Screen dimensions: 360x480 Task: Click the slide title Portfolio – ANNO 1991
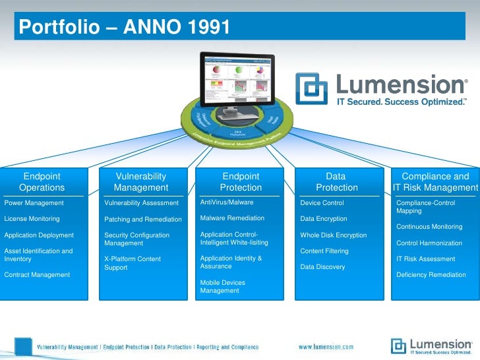point(125,27)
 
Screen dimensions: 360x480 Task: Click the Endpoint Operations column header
point(42,182)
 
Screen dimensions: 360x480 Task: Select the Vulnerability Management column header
point(141,182)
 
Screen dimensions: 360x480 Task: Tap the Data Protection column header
point(336,182)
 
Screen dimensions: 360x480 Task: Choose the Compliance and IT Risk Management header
point(435,182)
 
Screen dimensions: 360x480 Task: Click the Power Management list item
point(34,203)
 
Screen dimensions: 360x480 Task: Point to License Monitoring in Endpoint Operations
point(32,218)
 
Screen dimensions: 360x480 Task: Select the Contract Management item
point(37,275)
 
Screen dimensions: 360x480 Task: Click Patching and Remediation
point(143,220)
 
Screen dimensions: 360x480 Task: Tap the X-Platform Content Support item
point(133,263)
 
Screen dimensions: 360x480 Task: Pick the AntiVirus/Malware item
point(227,202)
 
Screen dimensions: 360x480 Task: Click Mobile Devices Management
point(223,287)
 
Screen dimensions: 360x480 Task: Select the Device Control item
point(322,203)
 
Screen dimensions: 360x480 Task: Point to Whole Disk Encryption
point(334,235)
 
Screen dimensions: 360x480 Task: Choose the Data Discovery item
point(322,267)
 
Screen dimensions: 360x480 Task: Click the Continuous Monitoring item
point(429,227)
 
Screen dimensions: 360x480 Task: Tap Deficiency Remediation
point(431,275)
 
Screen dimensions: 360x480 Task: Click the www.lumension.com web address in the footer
point(326,347)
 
